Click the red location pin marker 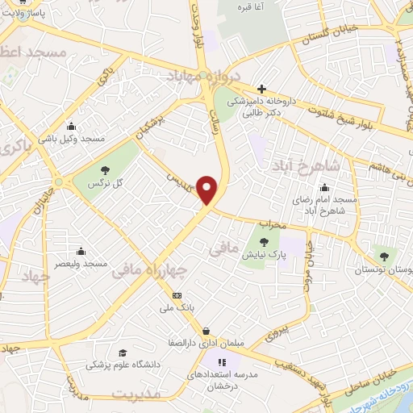pos(208,190)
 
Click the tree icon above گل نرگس pos(105,169)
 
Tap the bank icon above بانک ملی pos(177,296)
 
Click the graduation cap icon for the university pos(123,353)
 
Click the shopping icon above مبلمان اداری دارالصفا pos(206,331)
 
